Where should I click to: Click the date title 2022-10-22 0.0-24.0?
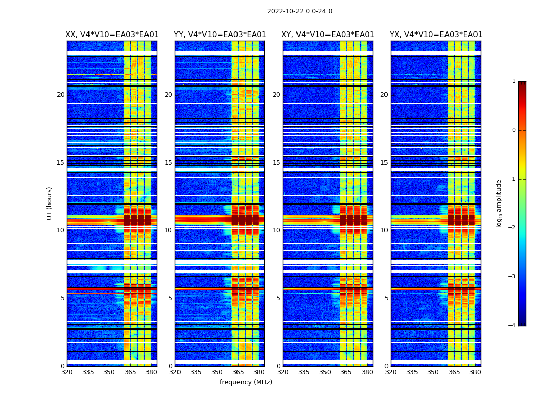coord(299,11)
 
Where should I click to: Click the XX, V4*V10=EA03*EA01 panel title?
coord(112,35)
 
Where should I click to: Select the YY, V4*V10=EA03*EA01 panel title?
coord(220,35)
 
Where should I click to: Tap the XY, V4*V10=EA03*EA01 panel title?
coord(328,35)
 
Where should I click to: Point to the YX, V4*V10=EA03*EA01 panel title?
coord(436,35)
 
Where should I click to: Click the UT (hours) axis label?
coord(50,203)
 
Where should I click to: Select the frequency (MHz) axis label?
coord(246,382)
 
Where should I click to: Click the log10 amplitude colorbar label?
coord(499,203)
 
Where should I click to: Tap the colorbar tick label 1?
coord(513,81)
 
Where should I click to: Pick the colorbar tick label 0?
coord(513,130)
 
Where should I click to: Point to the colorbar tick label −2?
coord(512,228)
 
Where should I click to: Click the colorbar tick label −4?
coord(512,326)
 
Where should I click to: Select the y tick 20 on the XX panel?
coord(61,95)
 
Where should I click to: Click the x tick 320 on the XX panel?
coord(67,372)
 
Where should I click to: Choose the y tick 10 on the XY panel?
coord(276,230)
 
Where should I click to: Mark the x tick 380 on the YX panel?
coord(475,372)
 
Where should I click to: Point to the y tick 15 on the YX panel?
coord(384,163)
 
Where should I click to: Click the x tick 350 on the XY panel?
coord(325,372)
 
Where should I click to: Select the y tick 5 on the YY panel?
coord(170,298)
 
